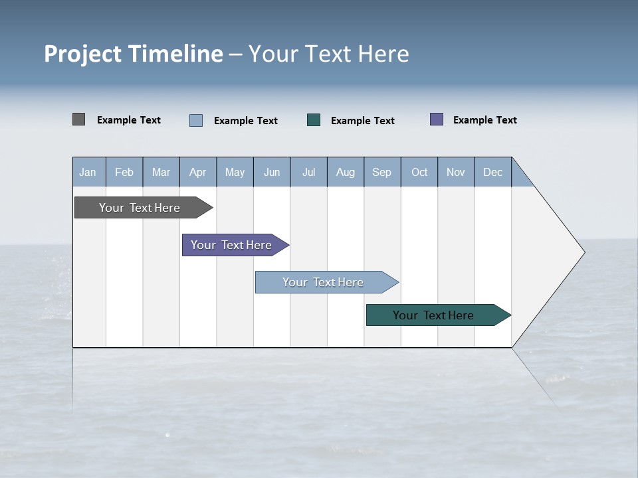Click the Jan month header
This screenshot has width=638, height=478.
[x=88, y=172]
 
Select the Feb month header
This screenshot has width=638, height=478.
[x=124, y=172]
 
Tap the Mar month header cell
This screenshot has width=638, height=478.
[x=161, y=172]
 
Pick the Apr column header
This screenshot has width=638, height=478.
[x=198, y=172]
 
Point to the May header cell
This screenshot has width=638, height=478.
[x=235, y=172]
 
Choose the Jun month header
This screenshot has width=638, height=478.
[x=272, y=172]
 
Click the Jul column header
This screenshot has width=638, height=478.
[x=308, y=172]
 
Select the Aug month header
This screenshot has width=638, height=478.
[x=346, y=172]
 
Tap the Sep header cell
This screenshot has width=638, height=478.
[x=382, y=172]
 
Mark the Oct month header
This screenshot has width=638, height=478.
[x=419, y=172]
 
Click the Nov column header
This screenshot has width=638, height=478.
[x=456, y=172]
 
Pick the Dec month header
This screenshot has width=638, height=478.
[x=493, y=172]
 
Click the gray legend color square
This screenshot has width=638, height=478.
[x=78, y=119]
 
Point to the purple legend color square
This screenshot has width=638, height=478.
[x=437, y=119]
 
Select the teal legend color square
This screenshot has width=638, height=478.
[x=314, y=120]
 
